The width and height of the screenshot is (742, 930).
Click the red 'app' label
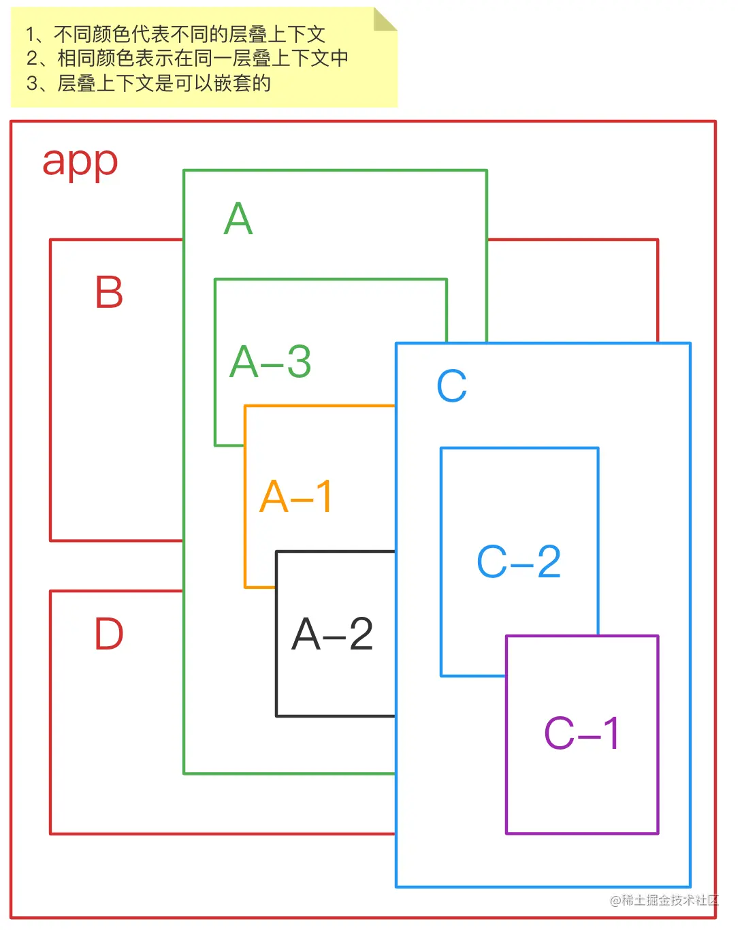tap(80, 162)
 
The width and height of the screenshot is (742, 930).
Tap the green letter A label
tap(238, 219)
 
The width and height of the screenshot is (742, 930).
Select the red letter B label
tap(109, 292)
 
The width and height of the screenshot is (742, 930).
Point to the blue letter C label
tap(451, 386)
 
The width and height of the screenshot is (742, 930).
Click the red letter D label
tap(109, 634)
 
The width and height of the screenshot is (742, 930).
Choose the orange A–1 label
tap(295, 496)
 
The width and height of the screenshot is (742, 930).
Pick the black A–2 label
tap(332, 634)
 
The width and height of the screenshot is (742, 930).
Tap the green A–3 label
tap(270, 362)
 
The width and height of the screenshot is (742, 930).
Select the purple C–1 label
tap(581, 733)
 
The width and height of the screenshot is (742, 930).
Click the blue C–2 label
tap(519, 562)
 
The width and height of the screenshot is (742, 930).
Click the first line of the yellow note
tap(176, 34)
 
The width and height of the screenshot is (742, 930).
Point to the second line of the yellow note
tap(187, 59)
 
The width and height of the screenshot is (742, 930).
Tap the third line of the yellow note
tap(148, 83)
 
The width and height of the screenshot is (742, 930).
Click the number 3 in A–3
tap(299, 362)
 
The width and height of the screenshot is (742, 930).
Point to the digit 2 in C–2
tap(549, 562)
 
